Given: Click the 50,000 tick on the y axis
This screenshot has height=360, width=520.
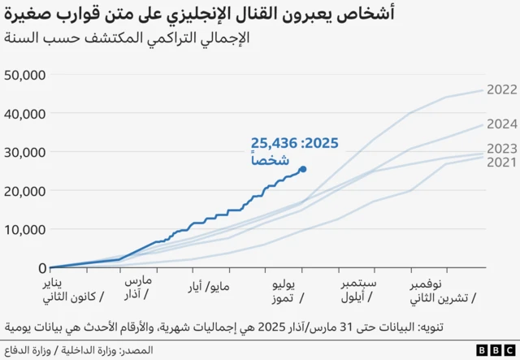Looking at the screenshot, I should [25, 75].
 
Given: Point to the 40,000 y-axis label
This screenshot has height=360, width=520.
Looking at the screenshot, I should [25, 114].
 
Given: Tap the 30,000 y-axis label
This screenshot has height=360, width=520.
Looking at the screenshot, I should [25, 152].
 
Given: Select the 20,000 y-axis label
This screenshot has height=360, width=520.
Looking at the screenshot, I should [25, 190].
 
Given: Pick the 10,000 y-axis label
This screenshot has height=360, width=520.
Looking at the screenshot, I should [25, 229].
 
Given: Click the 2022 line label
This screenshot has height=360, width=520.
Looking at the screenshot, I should [500, 90].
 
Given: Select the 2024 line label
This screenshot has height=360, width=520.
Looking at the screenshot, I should [500, 124].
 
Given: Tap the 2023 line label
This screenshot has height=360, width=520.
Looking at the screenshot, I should [500, 149].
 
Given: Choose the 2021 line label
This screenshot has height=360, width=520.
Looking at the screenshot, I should [500, 163].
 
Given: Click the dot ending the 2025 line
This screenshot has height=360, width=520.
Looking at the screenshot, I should [303, 169].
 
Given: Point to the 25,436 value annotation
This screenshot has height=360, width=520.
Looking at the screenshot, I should [276, 144].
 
